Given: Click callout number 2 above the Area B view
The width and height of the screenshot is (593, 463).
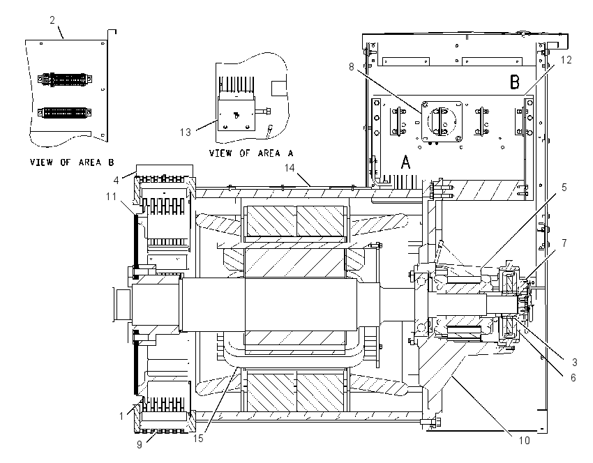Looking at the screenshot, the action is coord(52,20).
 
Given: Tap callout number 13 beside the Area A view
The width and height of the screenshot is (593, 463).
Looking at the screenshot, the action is coord(186,132).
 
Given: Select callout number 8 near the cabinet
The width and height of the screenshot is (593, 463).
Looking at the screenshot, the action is coord(352,67).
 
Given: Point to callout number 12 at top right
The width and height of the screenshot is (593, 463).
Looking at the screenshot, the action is coord(566,60).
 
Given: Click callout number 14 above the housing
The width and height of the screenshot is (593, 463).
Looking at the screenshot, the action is coord(290,168).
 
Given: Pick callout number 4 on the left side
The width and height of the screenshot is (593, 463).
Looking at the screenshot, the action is coord(116,181).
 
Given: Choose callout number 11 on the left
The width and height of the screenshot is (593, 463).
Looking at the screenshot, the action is coord(111,197).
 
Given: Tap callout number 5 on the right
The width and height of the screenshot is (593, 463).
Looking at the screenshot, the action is coord(564,187).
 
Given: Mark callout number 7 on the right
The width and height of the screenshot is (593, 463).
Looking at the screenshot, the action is coord(564,243).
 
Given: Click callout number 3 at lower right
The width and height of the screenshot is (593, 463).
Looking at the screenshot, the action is coord(574,362).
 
